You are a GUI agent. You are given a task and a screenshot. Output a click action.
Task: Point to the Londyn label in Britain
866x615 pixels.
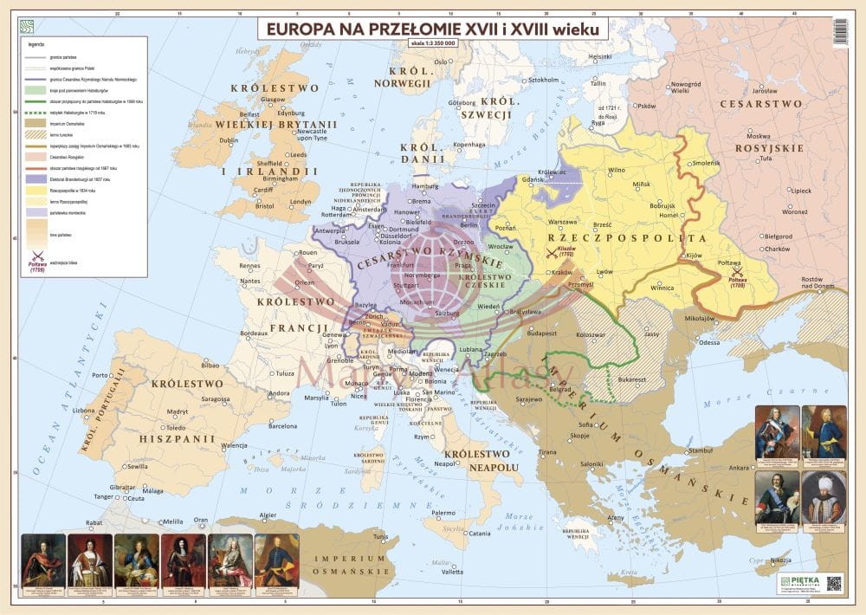301,201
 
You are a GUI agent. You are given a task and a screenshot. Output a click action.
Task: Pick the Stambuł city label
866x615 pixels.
699,450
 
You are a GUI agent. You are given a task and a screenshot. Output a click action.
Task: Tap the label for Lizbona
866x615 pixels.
84,410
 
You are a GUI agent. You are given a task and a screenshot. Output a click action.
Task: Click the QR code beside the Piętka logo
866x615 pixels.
833,583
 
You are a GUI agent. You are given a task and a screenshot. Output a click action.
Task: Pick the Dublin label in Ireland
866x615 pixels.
229,139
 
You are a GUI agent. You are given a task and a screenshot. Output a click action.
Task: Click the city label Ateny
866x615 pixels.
616,517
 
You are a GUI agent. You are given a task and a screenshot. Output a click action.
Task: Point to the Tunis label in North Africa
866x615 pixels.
380,536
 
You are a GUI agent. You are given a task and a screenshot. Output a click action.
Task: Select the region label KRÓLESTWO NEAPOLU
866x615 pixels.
481,461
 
